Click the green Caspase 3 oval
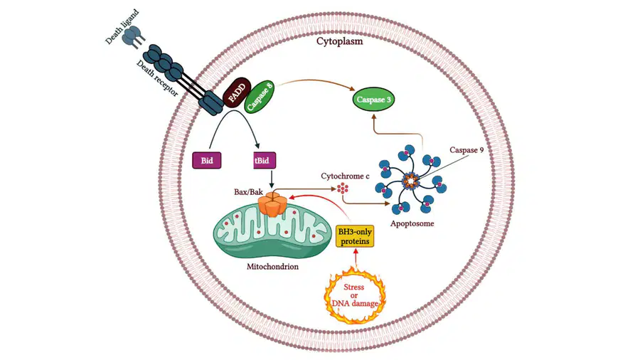coord(373,99)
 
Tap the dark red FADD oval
coord(237,92)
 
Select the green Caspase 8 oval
coord(259,97)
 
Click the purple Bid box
coord(206,160)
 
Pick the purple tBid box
coord(265,160)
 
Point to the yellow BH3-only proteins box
coord(355,236)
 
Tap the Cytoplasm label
coord(340,41)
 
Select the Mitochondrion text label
coord(272,267)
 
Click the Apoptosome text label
coord(412,223)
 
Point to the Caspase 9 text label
coord(466,150)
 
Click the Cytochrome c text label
coord(345,176)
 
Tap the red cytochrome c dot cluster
coord(343,188)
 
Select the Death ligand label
coord(122,26)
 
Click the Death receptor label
coord(157,78)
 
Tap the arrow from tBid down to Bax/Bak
coord(272,179)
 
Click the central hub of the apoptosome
coord(410,180)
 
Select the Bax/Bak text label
coord(248,191)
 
